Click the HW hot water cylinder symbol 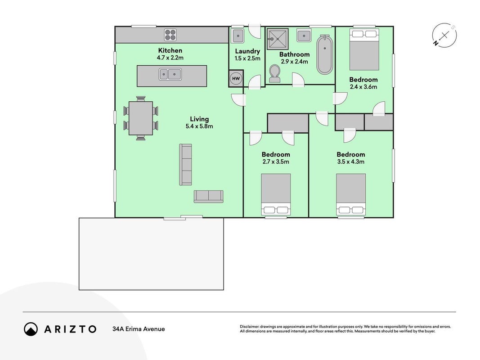pyautogui.click(x=236, y=78)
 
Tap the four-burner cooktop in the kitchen pyautogui.click(x=170, y=35)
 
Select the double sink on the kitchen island pyautogui.click(x=170, y=74)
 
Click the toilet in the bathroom pyautogui.click(x=274, y=74)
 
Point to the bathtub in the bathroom pyautogui.click(x=324, y=55)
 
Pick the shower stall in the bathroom pyautogui.click(x=278, y=39)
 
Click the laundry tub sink pyautogui.click(x=238, y=36)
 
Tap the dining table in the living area pyautogui.click(x=141, y=118)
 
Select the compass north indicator pyautogui.click(x=444, y=35)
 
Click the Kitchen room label pyautogui.click(x=170, y=50)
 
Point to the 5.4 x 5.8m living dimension pyautogui.click(x=199, y=126)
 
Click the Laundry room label pyautogui.click(x=247, y=51)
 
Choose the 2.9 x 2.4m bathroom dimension pyautogui.click(x=295, y=62)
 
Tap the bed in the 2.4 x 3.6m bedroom pyautogui.click(x=364, y=49)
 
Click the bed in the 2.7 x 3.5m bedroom pyautogui.click(x=276, y=195)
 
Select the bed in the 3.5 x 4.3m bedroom pyautogui.click(x=351, y=195)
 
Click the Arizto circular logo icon pyautogui.click(x=31, y=329)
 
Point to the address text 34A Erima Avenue pyautogui.click(x=139, y=329)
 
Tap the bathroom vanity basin pyautogui.click(x=304, y=36)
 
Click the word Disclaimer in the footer pyautogui.click(x=249, y=327)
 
